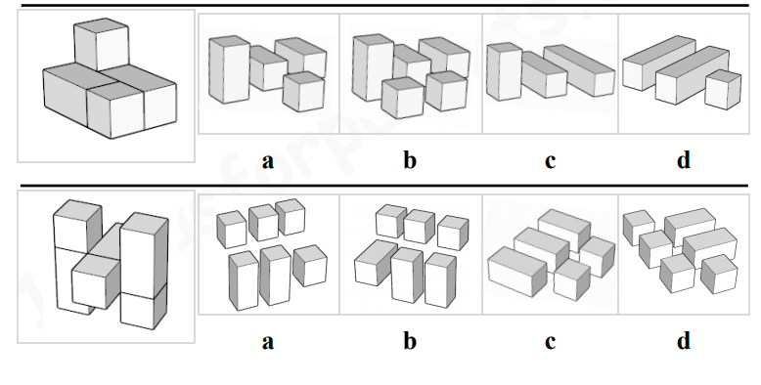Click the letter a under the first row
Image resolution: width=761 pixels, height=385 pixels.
pyautogui.click(x=267, y=161)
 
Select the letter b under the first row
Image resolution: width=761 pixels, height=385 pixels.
pyautogui.click(x=410, y=159)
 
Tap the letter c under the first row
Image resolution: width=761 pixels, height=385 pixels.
pyautogui.click(x=550, y=161)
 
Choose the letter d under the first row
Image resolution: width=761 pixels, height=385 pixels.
pyautogui.click(x=684, y=159)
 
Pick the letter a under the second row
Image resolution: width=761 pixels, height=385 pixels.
pyautogui.click(x=267, y=342)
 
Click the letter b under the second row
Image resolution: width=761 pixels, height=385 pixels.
pyautogui.click(x=410, y=340)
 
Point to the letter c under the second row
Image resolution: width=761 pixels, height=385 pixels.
pyautogui.click(x=550, y=342)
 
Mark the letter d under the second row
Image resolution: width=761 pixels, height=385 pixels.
pyautogui.click(x=684, y=340)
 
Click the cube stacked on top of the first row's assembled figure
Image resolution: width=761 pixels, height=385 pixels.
pyautogui.click(x=102, y=45)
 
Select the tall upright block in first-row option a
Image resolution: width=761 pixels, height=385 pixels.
pyautogui.click(x=223, y=69)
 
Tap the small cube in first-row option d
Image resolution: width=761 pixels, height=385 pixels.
pyautogui.click(x=723, y=89)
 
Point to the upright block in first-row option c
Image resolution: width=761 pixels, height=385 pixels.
pyautogui.click(x=505, y=71)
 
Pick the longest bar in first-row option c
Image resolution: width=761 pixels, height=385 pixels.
pyautogui.click(x=579, y=70)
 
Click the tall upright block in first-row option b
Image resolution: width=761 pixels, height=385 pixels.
pyautogui.click(x=373, y=67)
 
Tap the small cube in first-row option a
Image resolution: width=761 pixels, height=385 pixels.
pyautogui.click(x=303, y=91)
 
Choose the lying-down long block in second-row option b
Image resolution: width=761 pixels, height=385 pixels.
pyautogui.click(x=376, y=262)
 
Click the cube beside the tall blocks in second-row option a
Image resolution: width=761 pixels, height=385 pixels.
pyautogui.click(x=310, y=265)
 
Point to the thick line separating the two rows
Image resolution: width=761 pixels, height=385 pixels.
pyautogui.click(x=384, y=186)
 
